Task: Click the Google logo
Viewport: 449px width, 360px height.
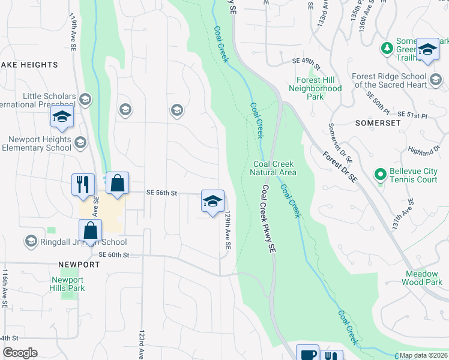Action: pyautogui.click(x=20, y=353)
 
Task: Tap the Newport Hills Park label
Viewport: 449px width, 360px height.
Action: pyautogui.click(x=67, y=284)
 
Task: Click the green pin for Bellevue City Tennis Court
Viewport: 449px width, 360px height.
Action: pyautogui.click(x=379, y=175)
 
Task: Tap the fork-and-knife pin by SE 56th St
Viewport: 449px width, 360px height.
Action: pyautogui.click(x=83, y=184)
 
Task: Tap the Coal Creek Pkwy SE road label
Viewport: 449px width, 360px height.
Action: pyautogui.click(x=268, y=218)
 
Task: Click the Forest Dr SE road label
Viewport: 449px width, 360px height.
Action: pyautogui.click(x=339, y=166)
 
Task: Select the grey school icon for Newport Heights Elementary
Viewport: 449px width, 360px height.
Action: pyautogui.click(x=80, y=143)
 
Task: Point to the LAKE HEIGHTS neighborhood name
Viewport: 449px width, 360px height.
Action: pyautogui.click(x=29, y=65)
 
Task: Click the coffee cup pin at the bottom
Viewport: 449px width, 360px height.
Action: pyautogui.click(x=308, y=354)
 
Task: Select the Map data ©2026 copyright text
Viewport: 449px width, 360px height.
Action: pyautogui.click(x=424, y=355)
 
